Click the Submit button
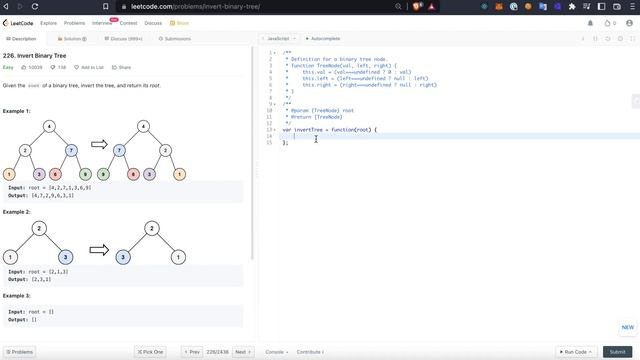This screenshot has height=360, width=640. (617, 352)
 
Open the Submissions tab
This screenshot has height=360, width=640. (175, 39)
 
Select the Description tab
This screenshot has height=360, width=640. (21, 39)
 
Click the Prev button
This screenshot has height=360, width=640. (191, 352)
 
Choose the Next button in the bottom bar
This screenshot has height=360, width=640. (242, 352)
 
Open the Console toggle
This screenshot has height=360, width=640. (275, 352)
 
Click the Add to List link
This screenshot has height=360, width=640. (90, 67)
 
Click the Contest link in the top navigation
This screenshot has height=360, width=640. (128, 22)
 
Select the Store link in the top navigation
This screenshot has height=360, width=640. (181, 22)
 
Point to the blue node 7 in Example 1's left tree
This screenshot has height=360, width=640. (71, 150)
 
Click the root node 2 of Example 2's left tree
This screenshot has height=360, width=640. (38, 228)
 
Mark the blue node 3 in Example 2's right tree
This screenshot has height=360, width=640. (123, 257)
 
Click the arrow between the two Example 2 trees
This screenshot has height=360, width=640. (99, 250)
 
